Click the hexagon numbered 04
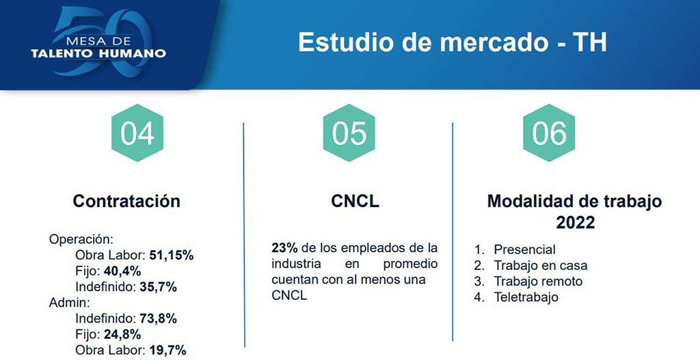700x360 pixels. pos(137,133)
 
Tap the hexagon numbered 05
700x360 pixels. pos(349,133)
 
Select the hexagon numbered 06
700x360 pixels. pos(549,133)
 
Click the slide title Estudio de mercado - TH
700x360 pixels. pos(453,42)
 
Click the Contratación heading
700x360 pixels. pos(126,202)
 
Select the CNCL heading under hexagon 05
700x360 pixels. pos(355,202)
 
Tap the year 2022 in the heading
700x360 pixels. pos(575,223)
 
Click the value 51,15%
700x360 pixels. pos(170,256)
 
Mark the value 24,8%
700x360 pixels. pos(122,335)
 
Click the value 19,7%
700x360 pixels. pos(167,350)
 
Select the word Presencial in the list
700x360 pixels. pos(524,250)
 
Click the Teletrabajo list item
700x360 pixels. pos(526,297)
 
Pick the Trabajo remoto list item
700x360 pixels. pos(538,281)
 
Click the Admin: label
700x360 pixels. pos(69,303)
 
